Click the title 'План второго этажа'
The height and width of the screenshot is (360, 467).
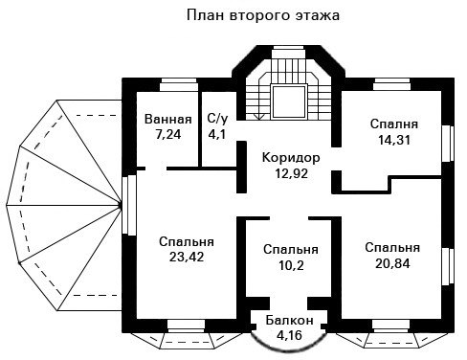(263, 15)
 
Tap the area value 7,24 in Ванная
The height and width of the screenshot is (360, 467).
(168, 135)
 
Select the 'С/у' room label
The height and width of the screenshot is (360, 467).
(217, 119)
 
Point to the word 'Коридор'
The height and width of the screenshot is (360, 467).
(291, 158)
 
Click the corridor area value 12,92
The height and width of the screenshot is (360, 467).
(292, 173)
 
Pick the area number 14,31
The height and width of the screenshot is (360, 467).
(394, 140)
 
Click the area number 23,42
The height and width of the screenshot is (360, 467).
(187, 257)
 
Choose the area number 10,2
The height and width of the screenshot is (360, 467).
(291, 265)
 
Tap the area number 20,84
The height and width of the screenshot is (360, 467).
(392, 263)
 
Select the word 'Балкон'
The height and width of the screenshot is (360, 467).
(290, 320)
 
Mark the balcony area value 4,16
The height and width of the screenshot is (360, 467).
(289, 335)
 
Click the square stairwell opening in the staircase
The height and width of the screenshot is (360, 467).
(289, 101)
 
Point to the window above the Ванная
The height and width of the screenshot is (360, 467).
(179, 84)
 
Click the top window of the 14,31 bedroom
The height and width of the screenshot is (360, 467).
(391, 84)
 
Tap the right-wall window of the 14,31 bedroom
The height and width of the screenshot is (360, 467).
(448, 144)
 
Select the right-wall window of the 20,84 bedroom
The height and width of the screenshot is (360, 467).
(448, 266)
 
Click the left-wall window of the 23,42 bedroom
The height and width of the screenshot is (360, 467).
(129, 205)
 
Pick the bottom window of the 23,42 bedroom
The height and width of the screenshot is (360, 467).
(187, 326)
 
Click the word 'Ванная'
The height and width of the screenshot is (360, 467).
(168, 120)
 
